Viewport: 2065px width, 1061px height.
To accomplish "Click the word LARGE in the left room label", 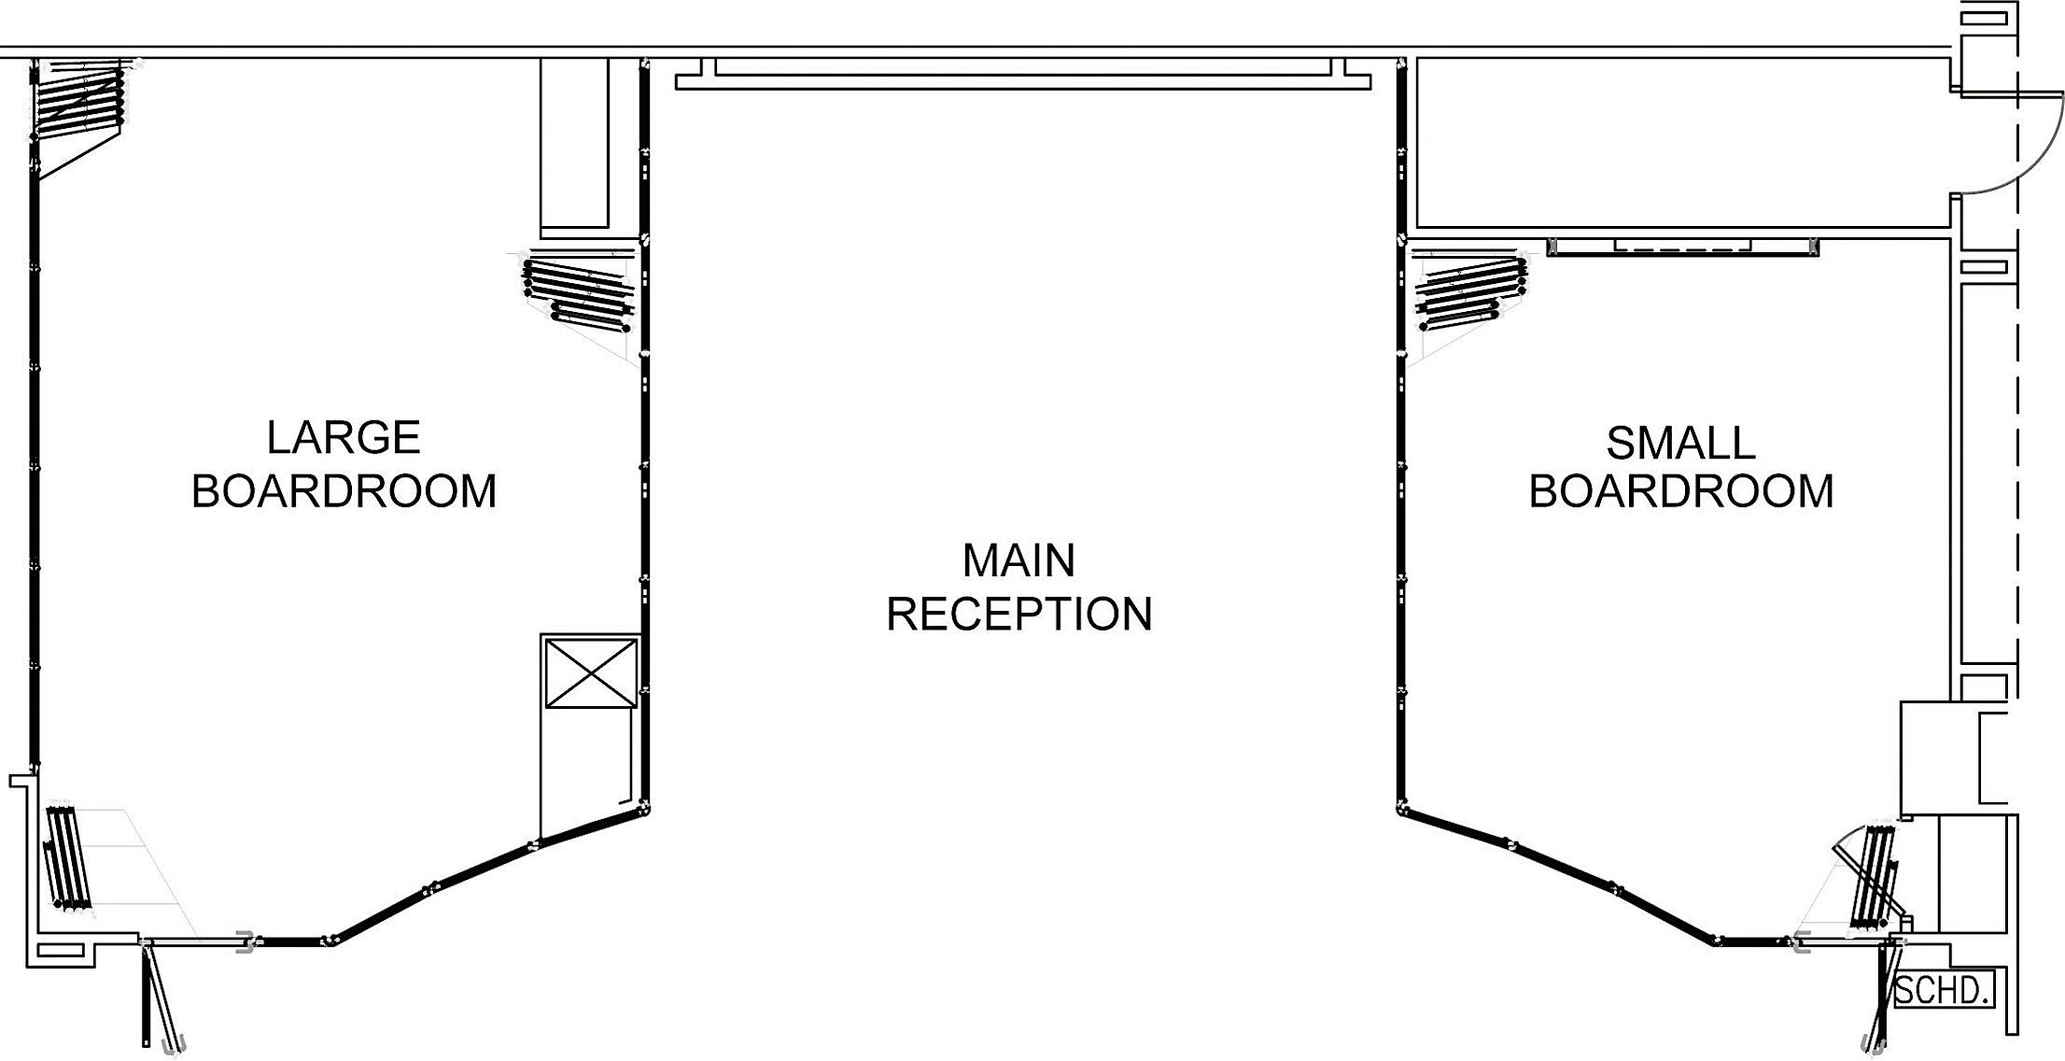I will pyautogui.click(x=343, y=438).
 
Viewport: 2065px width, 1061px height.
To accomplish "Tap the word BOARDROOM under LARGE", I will pyautogui.click(x=343, y=491).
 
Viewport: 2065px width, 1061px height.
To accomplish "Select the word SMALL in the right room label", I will pyautogui.click(x=1679, y=444).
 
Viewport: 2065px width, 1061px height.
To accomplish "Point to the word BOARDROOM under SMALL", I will pyautogui.click(x=1679, y=491).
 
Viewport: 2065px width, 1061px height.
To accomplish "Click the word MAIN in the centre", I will pyautogui.click(x=1018, y=560).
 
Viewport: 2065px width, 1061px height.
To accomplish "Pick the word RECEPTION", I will pyautogui.click(x=1018, y=615).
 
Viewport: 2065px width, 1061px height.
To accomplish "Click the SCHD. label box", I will pyautogui.click(x=1941, y=990).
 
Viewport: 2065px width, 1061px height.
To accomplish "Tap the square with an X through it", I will pyautogui.click(x=590, y=672).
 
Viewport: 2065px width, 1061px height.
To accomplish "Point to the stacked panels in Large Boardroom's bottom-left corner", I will pyautogui.click(x=68, y=857).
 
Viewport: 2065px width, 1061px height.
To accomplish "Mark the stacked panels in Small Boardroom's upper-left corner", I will pyautogui.click(x=1469, y=292).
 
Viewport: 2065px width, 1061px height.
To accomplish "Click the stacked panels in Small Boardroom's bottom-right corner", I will pyautogui.click(x=1872, y=878).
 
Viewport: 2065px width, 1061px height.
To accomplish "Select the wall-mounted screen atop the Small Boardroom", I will pyautogui.click(x=1682, y=247).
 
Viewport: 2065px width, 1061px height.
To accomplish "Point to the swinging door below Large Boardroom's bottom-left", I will pyautogui.click(x=159, y=995).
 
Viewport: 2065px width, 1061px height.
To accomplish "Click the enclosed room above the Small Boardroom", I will pyautogui.click(x=1680, y=142).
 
